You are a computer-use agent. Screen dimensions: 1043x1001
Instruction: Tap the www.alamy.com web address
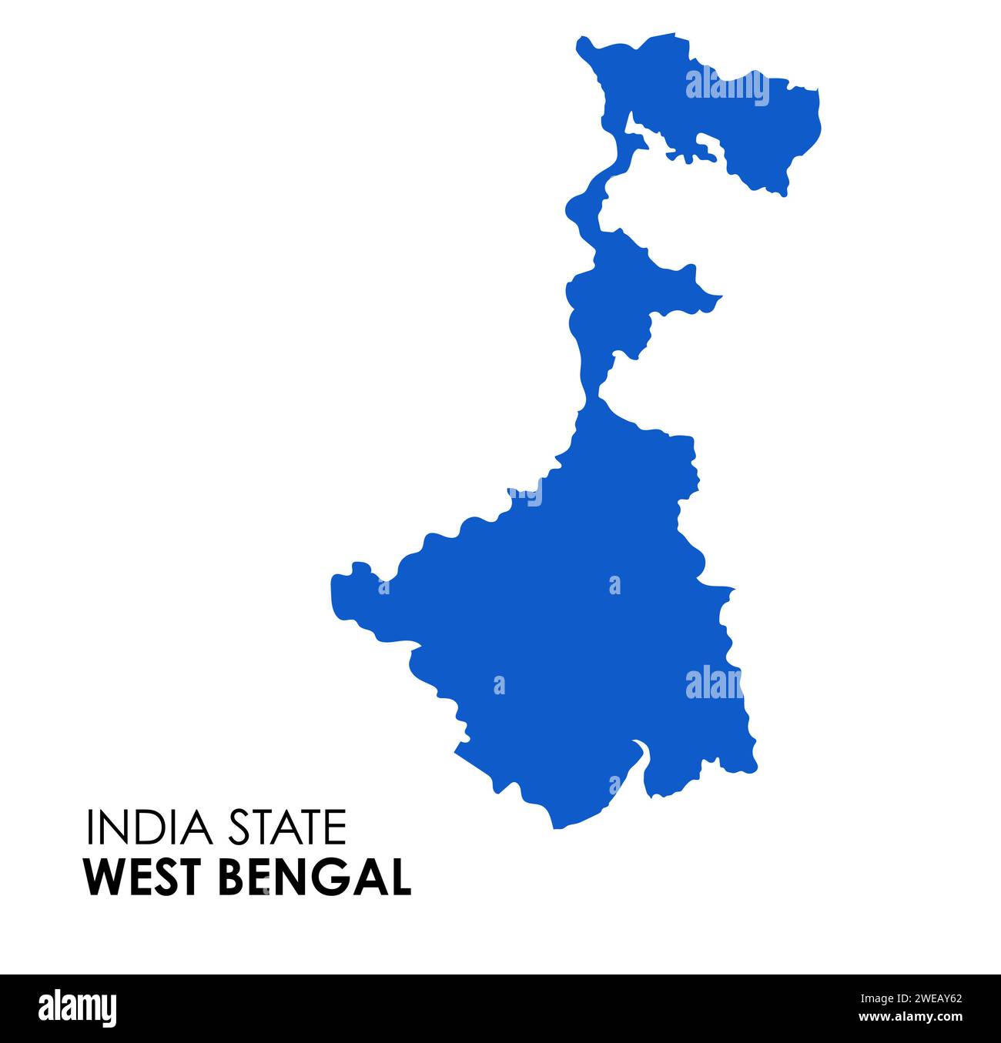coord(909,1017)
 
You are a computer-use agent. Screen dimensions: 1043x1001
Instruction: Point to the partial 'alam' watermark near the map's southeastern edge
coord(713,683)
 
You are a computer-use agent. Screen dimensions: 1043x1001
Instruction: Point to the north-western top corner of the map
coord(582,44)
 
